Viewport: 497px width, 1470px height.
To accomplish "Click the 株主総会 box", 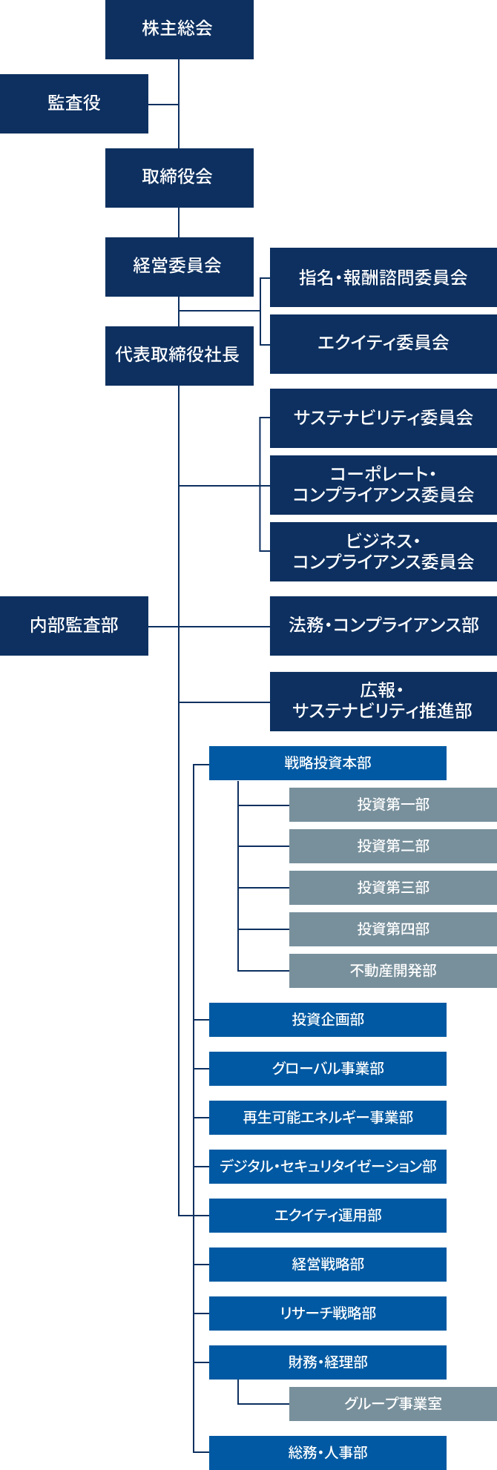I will coord(179,29).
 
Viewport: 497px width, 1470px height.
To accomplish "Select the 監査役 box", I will coord(73,103).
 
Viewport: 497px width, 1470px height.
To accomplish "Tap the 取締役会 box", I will coord(179,177).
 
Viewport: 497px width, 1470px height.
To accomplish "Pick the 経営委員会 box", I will coord(179,266).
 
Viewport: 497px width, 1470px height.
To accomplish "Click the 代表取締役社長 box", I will coord(179,355).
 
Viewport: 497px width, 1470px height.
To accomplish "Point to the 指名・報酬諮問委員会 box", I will coord(383,277).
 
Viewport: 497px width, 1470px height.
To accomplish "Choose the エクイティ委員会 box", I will coord(383,343).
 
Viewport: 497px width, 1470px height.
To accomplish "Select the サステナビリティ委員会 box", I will coord(383,418).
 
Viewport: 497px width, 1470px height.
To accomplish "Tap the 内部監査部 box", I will coord(73,625).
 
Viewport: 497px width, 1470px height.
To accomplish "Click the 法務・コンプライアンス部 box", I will coord(383,625).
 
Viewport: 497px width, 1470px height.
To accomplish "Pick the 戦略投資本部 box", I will coord(327,762).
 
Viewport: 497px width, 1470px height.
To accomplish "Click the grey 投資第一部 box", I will coord(392,804).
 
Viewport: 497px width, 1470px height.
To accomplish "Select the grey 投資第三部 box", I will coord(392,887).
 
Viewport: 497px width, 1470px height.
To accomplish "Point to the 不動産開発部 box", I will coord(392,970).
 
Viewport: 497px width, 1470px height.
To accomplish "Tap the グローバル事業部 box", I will coord(327,1068).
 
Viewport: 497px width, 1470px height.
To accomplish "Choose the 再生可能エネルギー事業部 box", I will coord(327,1117).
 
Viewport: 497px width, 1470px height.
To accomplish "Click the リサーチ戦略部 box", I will coord(327,1313).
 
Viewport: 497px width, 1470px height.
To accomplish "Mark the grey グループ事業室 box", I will coord(392,1403).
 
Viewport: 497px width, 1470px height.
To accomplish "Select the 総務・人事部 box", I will coord(327,1452).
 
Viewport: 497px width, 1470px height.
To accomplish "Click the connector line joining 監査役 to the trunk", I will coord(163,105).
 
